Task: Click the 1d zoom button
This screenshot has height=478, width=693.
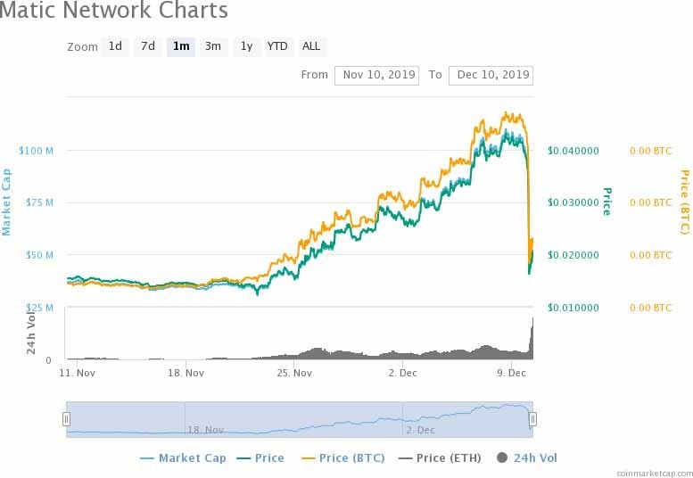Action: [115, 46]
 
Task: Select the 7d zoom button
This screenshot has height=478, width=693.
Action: [148, 46]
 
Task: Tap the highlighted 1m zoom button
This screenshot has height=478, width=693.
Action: [181, 46]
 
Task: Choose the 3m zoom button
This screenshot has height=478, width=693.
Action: [213, 46]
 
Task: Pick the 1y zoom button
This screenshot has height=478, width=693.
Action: [246, 46]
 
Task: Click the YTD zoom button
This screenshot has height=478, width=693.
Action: [277, 46]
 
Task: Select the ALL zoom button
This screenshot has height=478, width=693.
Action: [311, 46]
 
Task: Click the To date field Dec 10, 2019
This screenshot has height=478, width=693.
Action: [491, 75]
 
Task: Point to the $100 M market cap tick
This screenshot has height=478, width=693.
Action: [37, 150]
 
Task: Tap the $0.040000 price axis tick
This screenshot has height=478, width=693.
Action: [573, 150]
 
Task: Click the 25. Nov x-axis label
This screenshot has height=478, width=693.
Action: [295, 373]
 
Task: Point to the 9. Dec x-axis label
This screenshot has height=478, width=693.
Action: [511, 373]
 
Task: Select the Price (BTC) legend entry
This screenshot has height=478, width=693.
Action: [343, 458]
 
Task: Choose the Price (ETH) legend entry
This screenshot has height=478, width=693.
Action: [440, 458]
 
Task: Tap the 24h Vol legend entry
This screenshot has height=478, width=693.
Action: [527, 458]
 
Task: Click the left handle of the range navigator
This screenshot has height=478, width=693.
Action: [66, 418]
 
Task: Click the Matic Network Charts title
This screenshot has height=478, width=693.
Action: [114, 12]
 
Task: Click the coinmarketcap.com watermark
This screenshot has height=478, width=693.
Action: [653, 473]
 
